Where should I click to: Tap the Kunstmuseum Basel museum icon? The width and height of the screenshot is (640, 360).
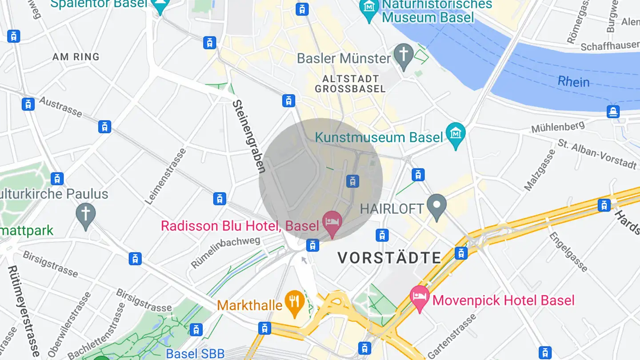click(455, 134)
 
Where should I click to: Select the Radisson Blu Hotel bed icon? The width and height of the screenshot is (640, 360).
click(332, 221)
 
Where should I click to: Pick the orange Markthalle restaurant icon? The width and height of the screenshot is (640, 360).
click(294, 302)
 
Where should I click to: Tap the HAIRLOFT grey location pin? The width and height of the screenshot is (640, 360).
click(436, 206)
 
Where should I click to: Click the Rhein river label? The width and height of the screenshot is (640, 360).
click(573, 82)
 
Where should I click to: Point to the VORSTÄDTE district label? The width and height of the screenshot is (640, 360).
click(389, 258)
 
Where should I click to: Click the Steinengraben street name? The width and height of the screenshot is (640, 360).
click(249, 136)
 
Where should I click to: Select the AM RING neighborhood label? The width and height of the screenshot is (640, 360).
click(76, 57)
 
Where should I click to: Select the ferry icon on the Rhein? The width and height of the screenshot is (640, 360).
click(613, 112)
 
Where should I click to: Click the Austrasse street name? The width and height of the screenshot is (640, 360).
click(60, 107)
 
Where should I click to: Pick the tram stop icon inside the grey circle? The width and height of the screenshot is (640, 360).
click(352, 181)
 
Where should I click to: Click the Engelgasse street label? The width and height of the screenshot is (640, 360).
click(568, 251)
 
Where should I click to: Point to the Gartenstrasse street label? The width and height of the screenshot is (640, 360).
click(452, 336)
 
